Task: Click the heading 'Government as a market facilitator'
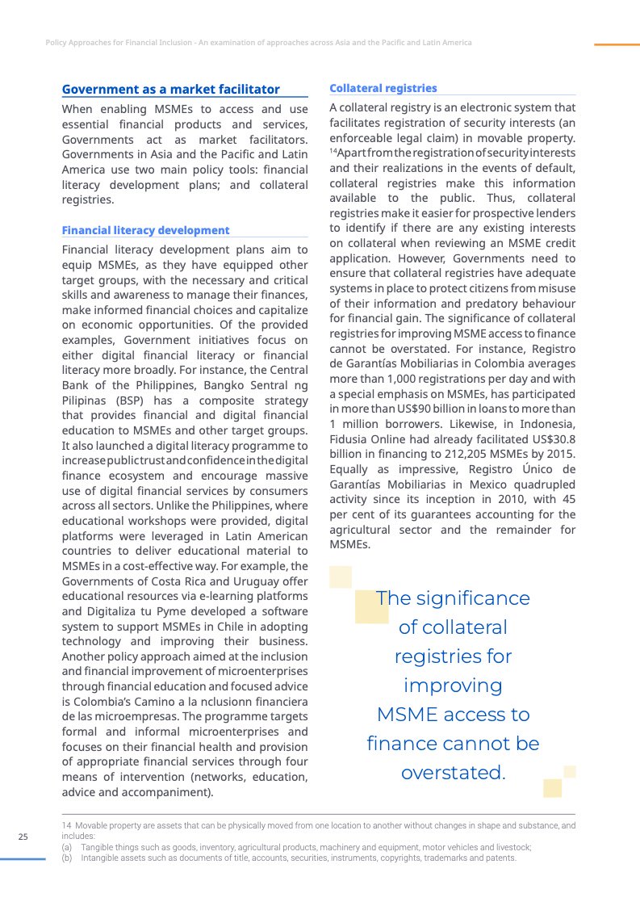click(171, 90)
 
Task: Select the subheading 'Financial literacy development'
click(145, 230)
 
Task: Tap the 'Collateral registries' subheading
click(383, 88)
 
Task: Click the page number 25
click(23, 837)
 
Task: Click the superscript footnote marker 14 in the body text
click(333, 152)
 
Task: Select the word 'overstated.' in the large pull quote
click(453, 773)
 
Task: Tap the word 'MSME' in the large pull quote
click(409, 715)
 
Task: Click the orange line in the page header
click(617, 44)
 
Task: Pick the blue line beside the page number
click(23, 859)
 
